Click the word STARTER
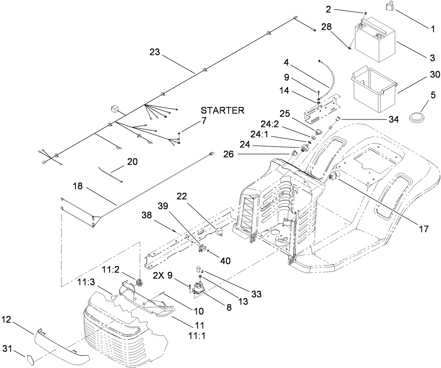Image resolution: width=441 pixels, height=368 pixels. (222, 111)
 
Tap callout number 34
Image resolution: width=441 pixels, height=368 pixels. (393, 120)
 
